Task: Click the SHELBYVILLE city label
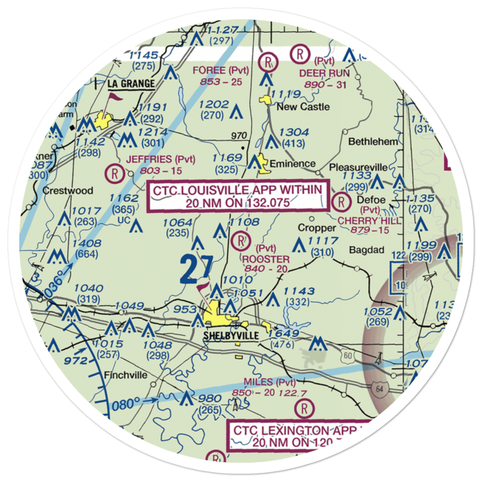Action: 231,336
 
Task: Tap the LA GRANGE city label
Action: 131,84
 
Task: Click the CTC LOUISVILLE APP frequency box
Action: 238,196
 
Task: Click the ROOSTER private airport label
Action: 267,260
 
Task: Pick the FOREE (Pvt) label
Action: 221,70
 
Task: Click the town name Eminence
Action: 292,163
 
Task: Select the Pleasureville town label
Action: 359,167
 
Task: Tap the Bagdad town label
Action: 367,250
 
